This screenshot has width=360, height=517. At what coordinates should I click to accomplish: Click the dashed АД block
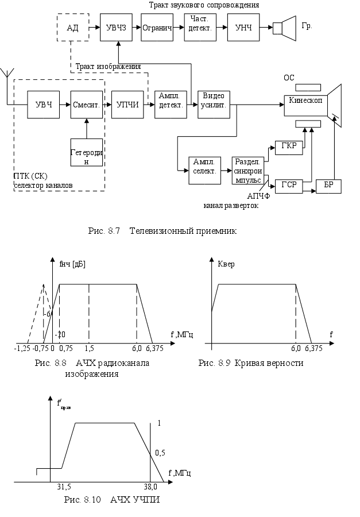coord(73,27)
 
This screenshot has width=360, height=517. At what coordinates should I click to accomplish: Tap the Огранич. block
coord(157,27)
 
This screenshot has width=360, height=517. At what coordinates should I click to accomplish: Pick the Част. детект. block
coord(199,27)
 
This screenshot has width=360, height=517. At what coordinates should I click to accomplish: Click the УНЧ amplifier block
coord(242,27)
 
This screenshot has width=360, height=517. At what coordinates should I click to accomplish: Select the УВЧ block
coord(44,105)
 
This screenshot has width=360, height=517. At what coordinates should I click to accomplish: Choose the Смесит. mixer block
coord(86,105)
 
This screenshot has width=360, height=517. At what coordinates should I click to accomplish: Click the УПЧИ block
coord(127,105)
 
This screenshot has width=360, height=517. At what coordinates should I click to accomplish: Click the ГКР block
coord(289,145)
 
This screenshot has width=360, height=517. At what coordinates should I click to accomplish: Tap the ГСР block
coord(288,186)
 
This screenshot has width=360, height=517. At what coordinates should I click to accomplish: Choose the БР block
coord(329,186)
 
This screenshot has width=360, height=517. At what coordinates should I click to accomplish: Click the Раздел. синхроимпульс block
coord(247,170)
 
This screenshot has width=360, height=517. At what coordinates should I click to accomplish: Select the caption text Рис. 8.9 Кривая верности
coord(250,363)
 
